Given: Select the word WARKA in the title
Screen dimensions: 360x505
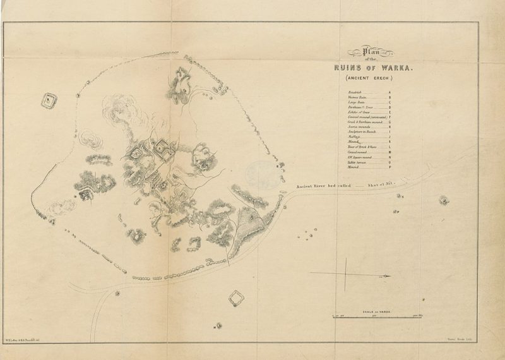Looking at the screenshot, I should coord(398,68).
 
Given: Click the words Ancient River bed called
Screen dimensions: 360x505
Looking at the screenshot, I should coord(321,187).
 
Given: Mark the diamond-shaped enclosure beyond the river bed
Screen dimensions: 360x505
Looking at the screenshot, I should coord(235,297).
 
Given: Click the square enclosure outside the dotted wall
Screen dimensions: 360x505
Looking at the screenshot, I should coord(47,100).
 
